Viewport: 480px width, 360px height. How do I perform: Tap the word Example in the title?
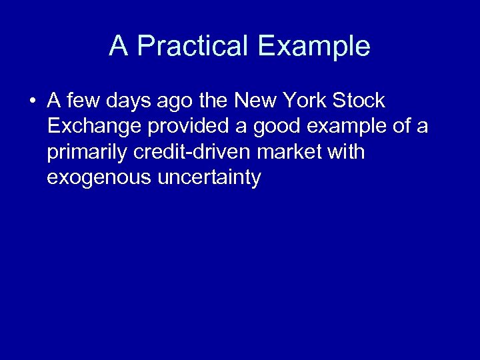313,46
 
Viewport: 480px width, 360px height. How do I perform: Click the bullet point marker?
32,101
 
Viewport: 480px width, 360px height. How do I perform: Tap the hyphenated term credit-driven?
189,152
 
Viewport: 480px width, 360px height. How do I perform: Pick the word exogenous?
100,179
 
